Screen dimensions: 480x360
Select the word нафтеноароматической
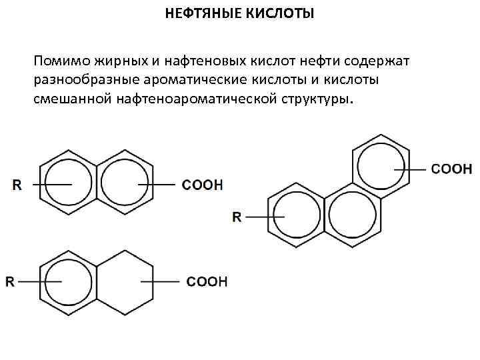pyautogui.click(x=201, y=100)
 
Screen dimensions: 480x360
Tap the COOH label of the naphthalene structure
pyautogui.click(x=203, y=184)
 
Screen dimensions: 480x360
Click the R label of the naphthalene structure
pyautogui.click(x=17, y=185)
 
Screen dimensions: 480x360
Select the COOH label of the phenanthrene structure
pyautogui.click(x=452, y=169)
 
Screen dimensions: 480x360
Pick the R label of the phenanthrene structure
pyautogui.click(x=237, y=216)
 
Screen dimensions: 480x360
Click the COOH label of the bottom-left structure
pyautogui.click(x=207, y=282)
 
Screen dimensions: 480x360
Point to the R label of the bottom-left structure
pyautogui.click(x=10, y=282)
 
